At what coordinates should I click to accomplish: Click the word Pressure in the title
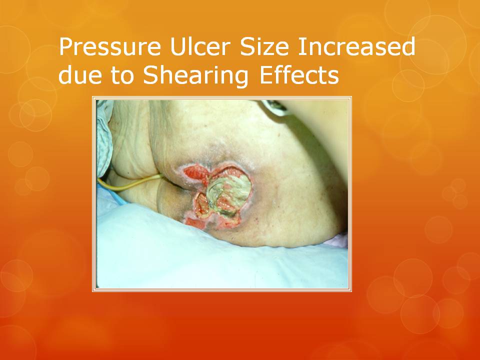click(x=110, y=46)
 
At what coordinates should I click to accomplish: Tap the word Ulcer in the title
click(x=200, y=46)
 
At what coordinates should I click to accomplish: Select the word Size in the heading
click(x=264, y=46)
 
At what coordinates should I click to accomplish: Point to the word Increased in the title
click(x=356, y=46)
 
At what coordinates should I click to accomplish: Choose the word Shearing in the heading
click(x=195, y=76)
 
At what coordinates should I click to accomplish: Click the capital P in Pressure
click(x=66, y=47)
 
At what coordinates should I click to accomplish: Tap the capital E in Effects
click(x=266, y=75)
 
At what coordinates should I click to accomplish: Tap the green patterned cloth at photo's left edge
click(x=104, y=138)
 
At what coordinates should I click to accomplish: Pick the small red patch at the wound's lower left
click(x=196, y=223)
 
